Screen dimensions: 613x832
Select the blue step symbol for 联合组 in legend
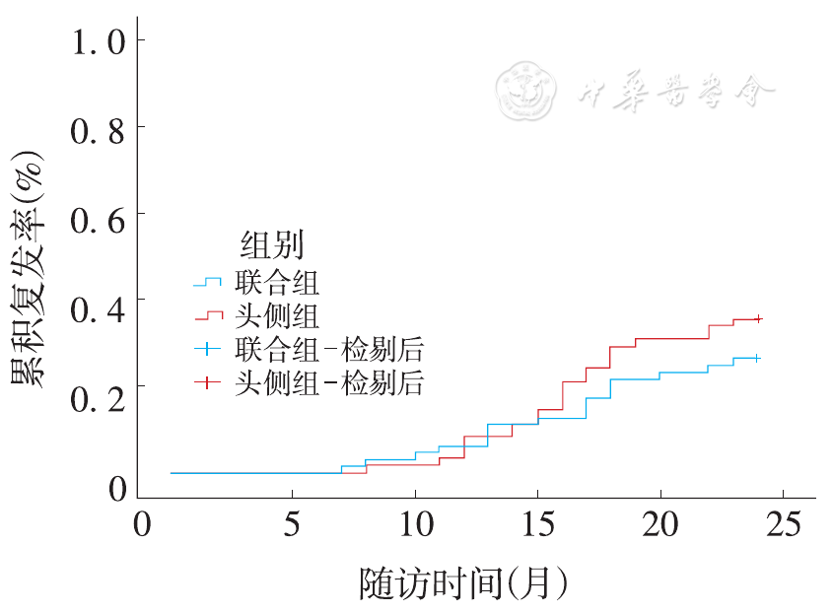(208, 283)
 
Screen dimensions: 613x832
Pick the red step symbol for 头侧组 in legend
(208, 316)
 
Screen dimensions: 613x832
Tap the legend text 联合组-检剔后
(329, 349)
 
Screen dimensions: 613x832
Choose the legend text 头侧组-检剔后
(329, 382)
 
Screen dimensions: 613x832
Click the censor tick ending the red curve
(757, 318)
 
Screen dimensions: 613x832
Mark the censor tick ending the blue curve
(756, 358)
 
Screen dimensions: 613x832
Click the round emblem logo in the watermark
(528, 91)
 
